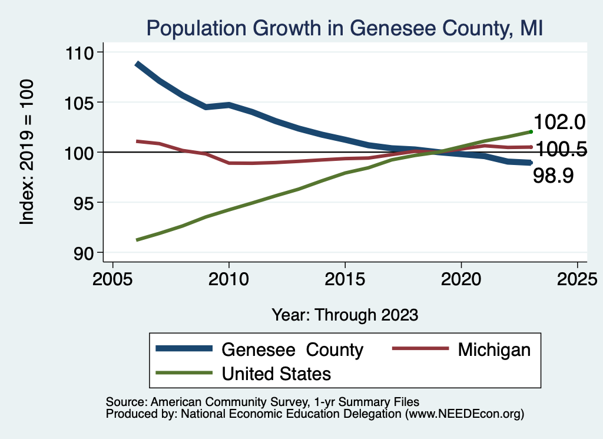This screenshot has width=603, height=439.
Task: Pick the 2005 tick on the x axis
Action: coord(112,279)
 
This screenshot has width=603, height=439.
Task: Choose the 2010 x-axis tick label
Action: coord(228,279)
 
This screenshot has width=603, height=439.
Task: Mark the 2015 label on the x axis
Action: coord(344,279)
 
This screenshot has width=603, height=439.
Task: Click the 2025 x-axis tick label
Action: coord(577,279)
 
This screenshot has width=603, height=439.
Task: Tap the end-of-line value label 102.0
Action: coord(559,122)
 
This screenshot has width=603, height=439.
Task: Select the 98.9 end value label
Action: coord(554,176)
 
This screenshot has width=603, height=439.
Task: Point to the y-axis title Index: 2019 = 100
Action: coord(27,152)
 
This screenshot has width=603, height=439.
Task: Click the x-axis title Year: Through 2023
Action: coord(344,315)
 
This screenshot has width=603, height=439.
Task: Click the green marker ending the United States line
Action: coord(531,131)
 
